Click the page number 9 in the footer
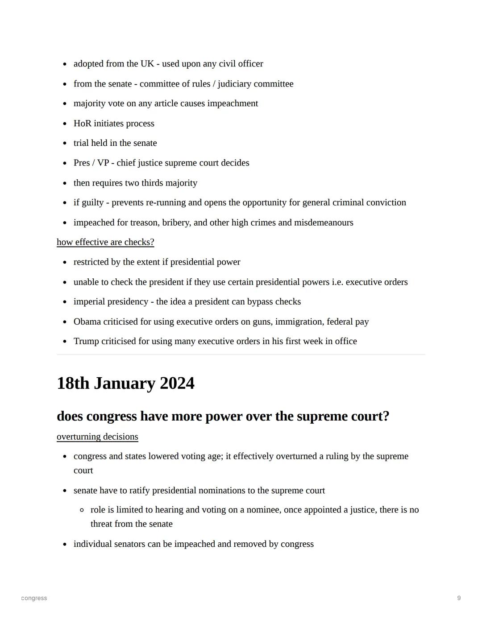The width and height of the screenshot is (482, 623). (x=459, y=598)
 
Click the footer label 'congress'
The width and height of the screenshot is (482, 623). (x=34, y=598)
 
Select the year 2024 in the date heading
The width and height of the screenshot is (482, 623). (x=177, y=384)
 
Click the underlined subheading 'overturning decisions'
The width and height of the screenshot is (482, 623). (x=97, y=437)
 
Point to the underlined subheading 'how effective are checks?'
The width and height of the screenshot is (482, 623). (x=105, y=242)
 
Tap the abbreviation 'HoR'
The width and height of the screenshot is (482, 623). (x=83, y=124)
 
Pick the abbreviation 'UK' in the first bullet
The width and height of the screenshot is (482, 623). (x=147, y=64)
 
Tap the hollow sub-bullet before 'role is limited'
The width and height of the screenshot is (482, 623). (x=82, y=510)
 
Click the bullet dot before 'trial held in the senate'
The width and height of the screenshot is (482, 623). (x=65, y=144)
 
